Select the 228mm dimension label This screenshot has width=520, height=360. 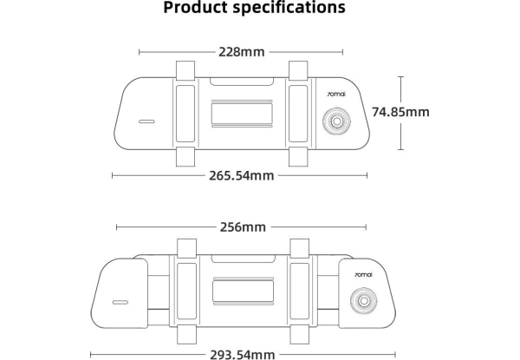coord(241,52)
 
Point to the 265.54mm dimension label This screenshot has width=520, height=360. coord(241,175)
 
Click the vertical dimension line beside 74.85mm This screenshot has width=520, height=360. coord(400,112)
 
